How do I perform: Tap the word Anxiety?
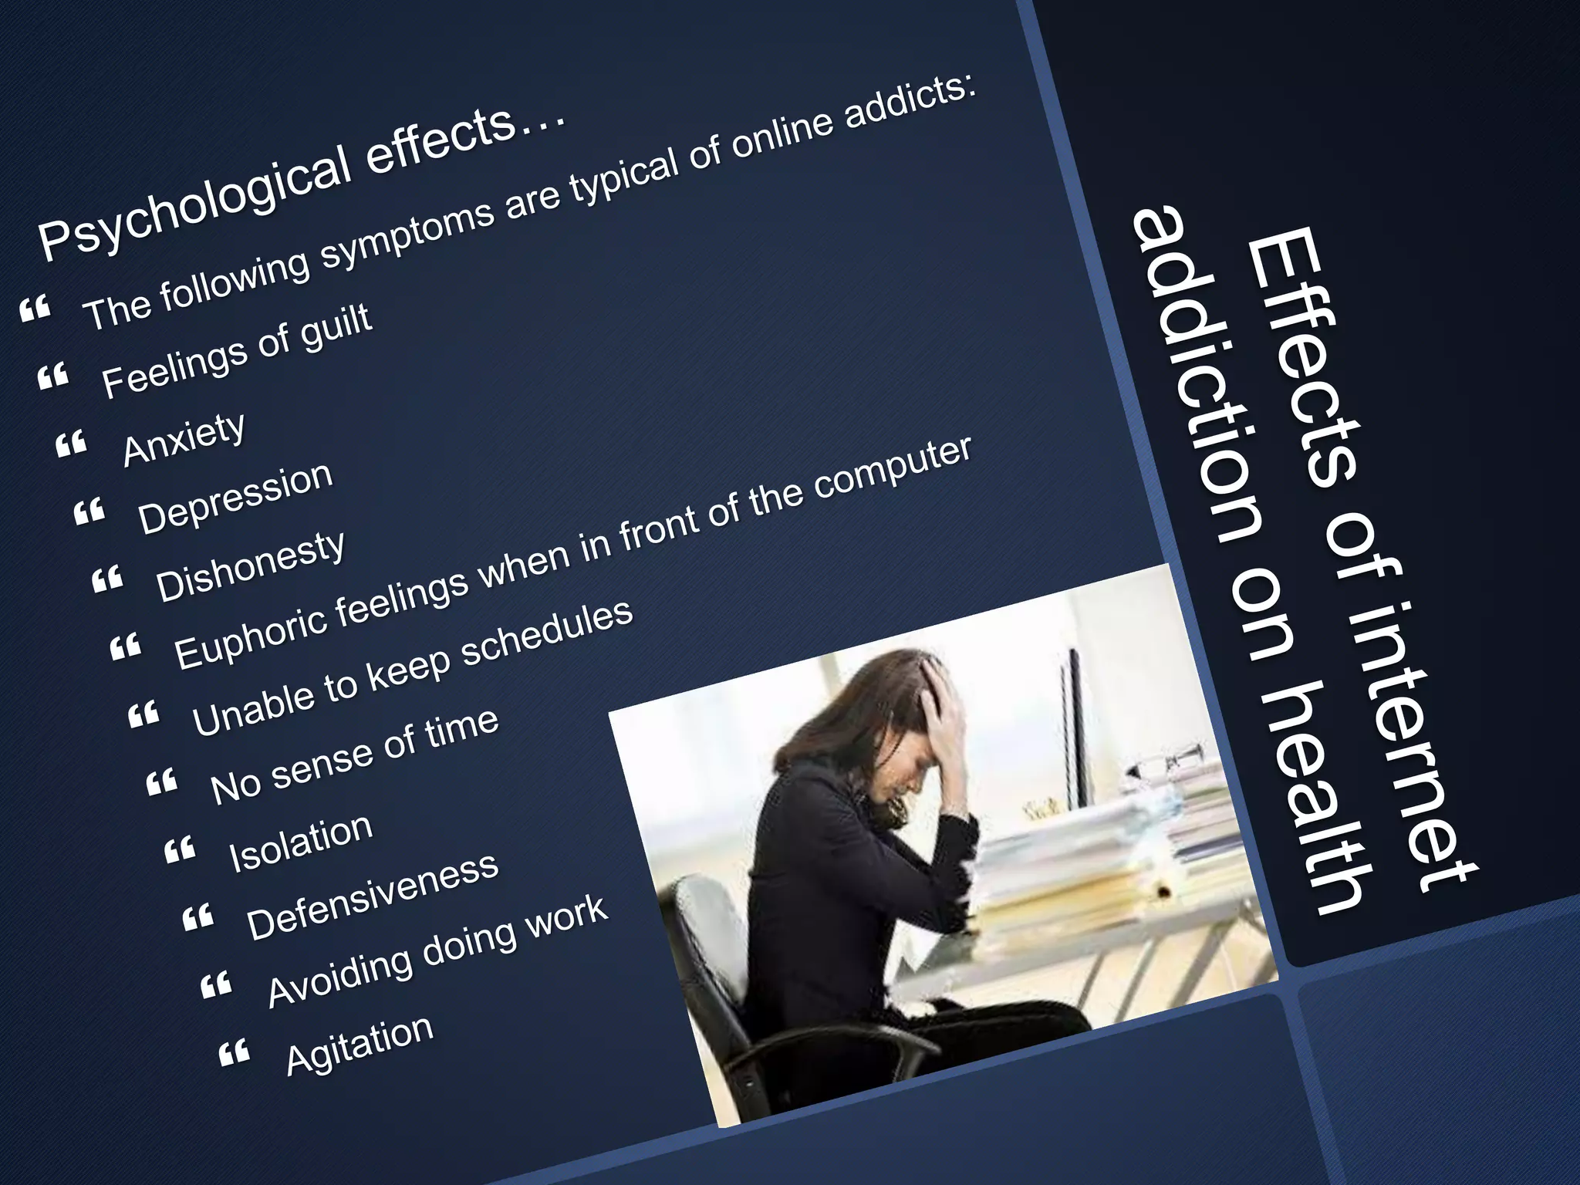click(184, 439)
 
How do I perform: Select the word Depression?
click(236, 498)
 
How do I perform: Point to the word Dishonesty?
click(251, 566)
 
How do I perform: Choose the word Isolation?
click(301, 842)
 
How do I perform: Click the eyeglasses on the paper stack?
click(1164, 765)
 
